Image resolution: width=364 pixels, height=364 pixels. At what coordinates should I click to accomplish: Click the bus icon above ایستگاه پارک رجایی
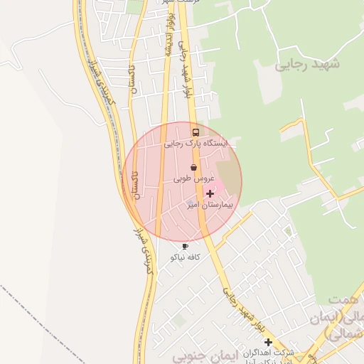pos(196,132)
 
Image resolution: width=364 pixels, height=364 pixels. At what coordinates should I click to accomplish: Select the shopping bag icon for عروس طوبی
pos(193,168)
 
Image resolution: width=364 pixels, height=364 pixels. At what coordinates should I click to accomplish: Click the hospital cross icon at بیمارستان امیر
pos(210,193)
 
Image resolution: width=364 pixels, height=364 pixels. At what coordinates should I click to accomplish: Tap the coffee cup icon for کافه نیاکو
pos(186,246)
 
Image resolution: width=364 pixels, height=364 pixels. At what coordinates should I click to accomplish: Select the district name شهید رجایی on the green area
pos(307,64)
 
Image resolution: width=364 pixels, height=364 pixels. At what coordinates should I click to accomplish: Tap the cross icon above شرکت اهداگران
pos(268,343)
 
